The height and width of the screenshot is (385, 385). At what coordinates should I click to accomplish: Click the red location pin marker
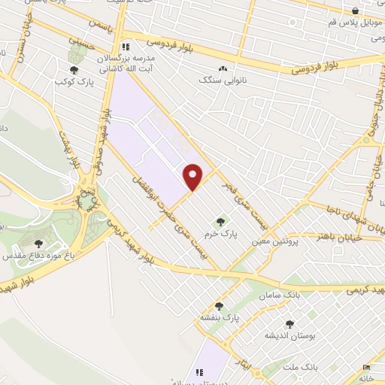194,176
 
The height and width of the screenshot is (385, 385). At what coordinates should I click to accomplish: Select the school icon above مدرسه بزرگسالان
129,45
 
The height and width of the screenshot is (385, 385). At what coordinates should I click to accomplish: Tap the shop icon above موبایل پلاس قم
356,11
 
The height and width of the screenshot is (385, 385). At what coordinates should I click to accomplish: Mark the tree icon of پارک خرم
220,222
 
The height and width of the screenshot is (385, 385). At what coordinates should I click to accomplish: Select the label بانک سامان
280,296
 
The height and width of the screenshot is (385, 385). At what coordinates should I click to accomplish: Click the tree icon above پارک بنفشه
219,306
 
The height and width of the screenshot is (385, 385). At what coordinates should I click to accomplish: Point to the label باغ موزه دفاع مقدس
36,256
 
